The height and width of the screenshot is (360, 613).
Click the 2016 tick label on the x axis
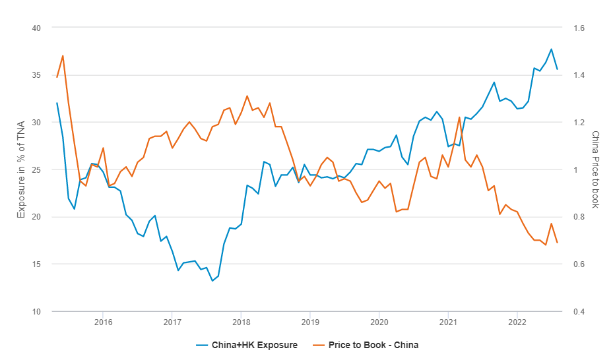point(103,322)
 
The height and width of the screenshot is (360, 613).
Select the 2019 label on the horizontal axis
point(310,322)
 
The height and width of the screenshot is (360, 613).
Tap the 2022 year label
point(517,322)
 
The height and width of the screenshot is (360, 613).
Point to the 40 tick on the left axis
point(36,28)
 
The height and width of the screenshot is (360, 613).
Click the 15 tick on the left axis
point(36,264)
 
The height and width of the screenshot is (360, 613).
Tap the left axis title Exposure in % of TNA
point(20,169)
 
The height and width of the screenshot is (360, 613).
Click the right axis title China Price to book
point(595,169)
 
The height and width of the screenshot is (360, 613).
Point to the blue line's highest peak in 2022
point(551,49)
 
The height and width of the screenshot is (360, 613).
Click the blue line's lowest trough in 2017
point(212,281)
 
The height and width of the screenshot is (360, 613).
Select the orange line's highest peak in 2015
point(63,55)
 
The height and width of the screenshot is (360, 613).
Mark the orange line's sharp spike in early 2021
point(459,117)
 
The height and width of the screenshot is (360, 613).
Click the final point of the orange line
point(557,243)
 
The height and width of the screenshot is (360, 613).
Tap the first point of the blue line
point(57,103)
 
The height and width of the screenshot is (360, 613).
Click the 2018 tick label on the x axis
point(241,322)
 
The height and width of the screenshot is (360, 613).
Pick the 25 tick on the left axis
point(36,169)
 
